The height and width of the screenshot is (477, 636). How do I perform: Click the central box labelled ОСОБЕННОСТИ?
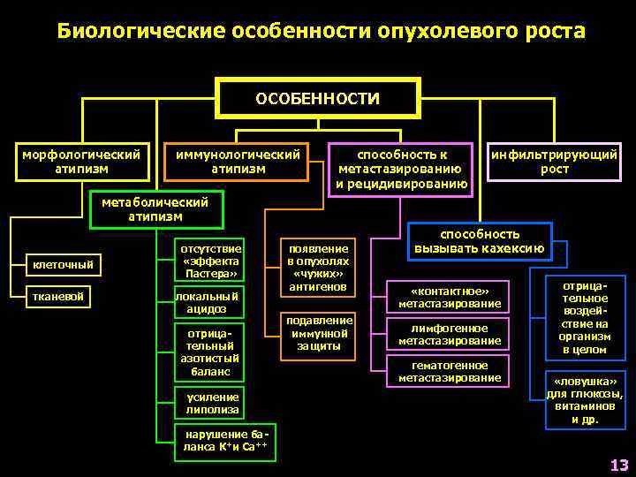(x=317, y=99)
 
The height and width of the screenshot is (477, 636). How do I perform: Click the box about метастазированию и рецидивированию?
(x=401, y=169)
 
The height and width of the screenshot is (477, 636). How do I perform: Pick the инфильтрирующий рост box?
(x=554, y=161)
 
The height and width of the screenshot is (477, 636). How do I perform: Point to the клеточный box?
(x=63, y=264)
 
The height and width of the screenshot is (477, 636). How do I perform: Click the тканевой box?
(x=59, y=297)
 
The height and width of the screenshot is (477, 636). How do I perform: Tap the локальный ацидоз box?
(x=206, y=303)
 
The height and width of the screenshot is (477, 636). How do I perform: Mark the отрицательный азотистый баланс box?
(x=209, y=353)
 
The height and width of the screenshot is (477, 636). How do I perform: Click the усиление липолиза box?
(x=212, y=403)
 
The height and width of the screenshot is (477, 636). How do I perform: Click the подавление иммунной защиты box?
(x=319, y=334)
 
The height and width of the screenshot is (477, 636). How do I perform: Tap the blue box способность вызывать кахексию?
(x=480, y=241)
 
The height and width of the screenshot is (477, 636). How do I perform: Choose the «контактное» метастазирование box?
(x=450, y=298)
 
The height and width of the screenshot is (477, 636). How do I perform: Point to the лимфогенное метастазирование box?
(x=450, y=334)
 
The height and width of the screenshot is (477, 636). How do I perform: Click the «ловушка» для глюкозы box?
(x=585, y=400)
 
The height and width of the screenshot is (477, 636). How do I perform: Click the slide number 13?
(x=618, y=465)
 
